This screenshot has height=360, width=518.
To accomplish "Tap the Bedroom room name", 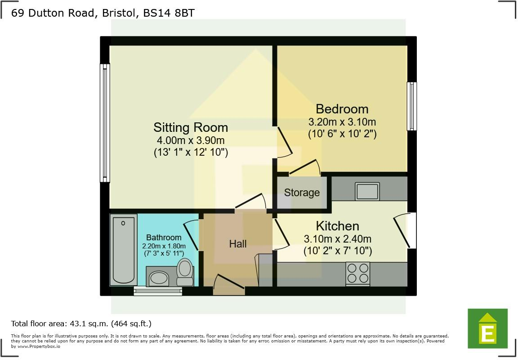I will click(342, 109).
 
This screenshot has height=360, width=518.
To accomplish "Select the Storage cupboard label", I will click(302, 193).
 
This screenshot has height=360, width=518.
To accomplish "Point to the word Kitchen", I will click(337, 226).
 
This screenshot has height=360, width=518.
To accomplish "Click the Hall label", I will click(238, 244).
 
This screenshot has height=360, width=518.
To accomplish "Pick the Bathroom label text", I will click(164, 237).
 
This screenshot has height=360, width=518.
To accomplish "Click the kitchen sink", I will click(367, 191).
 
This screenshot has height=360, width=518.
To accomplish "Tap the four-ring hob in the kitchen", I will click(357, 273).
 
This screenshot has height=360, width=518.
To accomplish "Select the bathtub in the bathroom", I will click(123, 250).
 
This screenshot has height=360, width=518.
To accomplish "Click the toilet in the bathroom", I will click(184, 272).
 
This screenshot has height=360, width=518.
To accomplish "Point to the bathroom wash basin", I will click(158, 278).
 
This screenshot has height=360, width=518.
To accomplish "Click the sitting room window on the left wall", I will click(105, 123).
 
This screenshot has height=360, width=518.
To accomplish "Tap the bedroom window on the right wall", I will click(411, 106).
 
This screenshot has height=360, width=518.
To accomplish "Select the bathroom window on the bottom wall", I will click(158, 291).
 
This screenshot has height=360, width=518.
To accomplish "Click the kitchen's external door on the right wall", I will click(411, 230).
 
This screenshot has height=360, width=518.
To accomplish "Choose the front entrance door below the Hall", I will click(229, 288).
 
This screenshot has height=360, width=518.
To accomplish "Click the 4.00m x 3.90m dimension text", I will click(191, 140).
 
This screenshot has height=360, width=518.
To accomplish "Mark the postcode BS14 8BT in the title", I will click(169, 13).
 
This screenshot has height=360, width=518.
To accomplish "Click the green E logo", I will click(487, 328).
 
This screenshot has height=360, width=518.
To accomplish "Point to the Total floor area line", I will click(81, 323).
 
